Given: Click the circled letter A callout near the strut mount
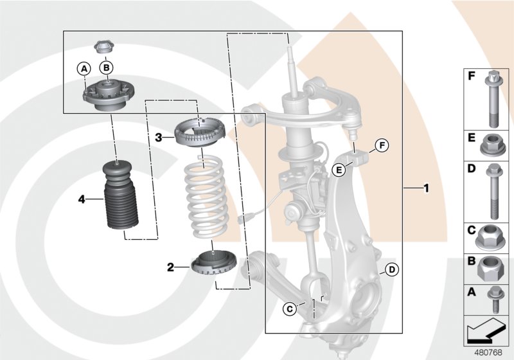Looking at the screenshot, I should click(x=83, y=67).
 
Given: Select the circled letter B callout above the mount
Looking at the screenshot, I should click(x=107, y=67).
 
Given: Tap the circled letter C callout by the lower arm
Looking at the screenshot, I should click(x=290, y=309).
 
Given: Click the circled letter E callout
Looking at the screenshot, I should click(x=339, y=170).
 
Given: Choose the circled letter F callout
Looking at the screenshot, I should click(x=380, y=145).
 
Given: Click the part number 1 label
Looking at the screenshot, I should click(x=425, y=188).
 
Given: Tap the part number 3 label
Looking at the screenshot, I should click(x=157, y=137).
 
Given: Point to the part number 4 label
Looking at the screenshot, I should click(x=82, y=199).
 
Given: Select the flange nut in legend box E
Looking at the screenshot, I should click(x=490, y=145).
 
